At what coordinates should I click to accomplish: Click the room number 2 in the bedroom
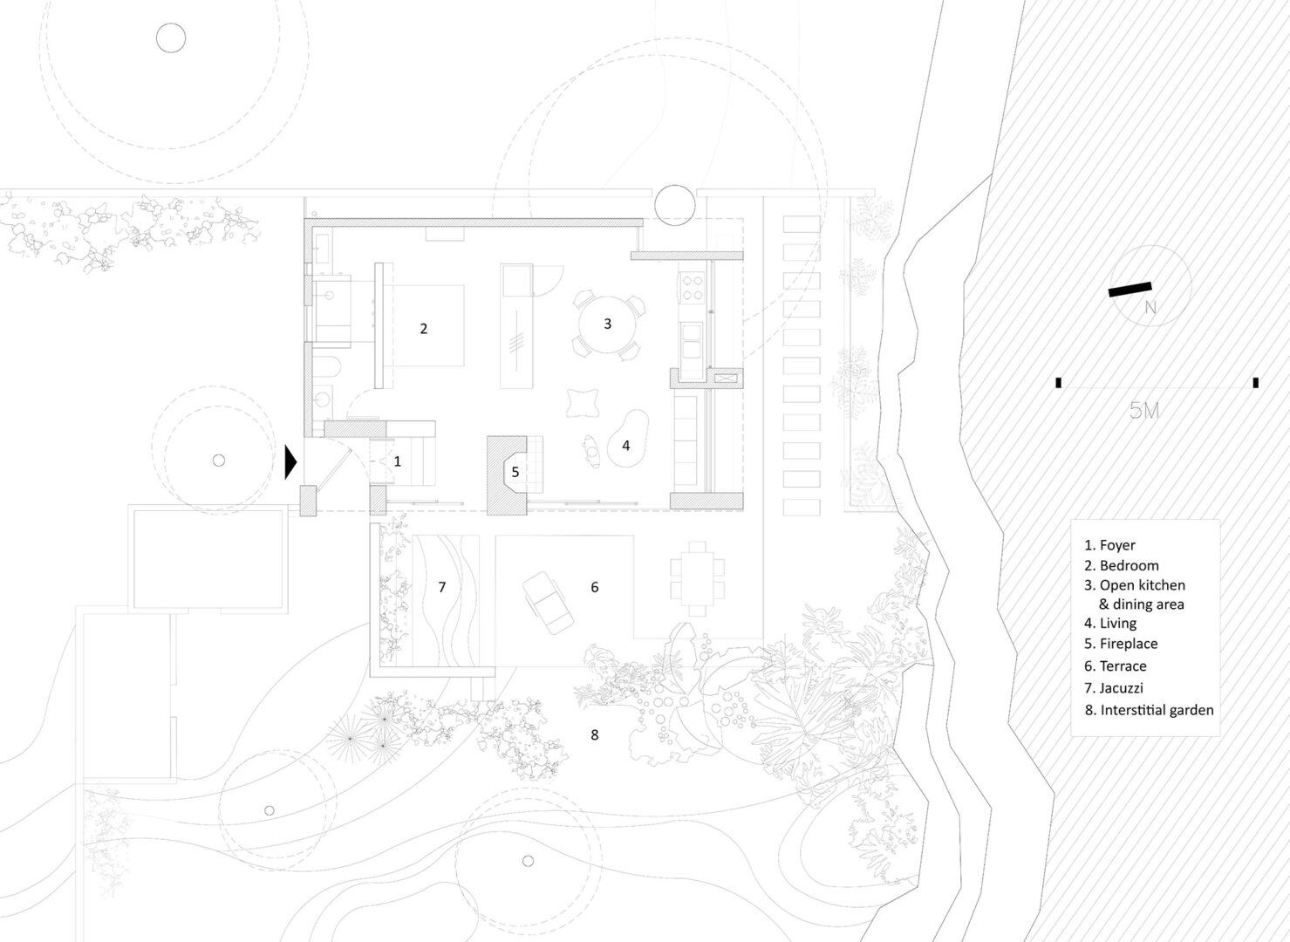[x=424, y=329]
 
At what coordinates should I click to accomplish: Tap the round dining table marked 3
[x=607, y=324]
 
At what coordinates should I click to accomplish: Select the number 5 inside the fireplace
[x=515, y=472]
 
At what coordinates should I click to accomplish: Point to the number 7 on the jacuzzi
[x=441, y=587]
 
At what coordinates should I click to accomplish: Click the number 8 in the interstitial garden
[x=594, y=734]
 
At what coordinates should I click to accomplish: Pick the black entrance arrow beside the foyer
[x=290, y=461]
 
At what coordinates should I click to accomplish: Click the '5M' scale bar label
[x=1143, y=410]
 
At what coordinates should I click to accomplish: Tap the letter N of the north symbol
[x=1150, y=308]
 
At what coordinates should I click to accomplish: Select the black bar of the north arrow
[x=1130, y=290]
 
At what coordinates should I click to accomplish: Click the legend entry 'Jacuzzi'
[x=1121, y=687]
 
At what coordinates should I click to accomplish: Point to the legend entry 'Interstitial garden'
[x=1157, y=710]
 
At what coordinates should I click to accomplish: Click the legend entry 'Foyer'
[x=1118, y=545]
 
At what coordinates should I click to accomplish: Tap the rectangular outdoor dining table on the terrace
[x=698, y=578]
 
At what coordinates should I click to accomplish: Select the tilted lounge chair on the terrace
[x=548, y=603]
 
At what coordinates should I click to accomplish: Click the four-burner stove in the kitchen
[x=692, y=288]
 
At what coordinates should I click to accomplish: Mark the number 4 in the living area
[x=625, y=445]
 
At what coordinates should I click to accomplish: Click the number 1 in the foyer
[x=397, y=461]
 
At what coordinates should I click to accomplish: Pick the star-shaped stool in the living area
[x=583, y=402]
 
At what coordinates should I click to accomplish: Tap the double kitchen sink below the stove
[x=692, y=341]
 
